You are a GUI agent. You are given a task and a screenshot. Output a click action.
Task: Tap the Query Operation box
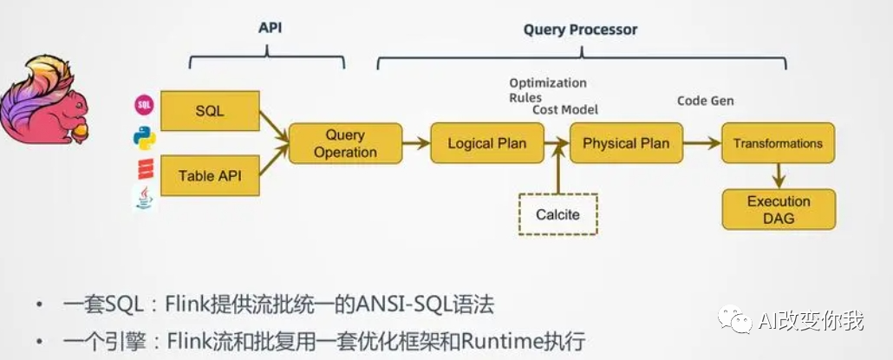click(345, 143)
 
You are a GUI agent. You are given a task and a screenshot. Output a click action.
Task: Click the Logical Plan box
click(486, 143)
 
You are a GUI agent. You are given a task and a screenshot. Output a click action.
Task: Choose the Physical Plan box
click(626, 143)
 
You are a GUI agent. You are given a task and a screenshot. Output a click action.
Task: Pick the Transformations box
click(778, 143)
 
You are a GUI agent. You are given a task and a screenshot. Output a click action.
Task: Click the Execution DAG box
click(779, 209)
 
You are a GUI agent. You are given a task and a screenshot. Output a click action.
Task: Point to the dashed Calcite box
click(557, 213)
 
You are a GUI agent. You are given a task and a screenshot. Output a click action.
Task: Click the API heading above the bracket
click(270, 28)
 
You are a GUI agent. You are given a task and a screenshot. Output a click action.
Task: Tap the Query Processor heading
click(580, 29)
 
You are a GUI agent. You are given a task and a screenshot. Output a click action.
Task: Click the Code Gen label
click(705, 101)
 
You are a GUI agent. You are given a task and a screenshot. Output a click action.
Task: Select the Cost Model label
click(565, 110)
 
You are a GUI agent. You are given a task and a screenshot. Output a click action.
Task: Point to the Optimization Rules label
click(547, 90)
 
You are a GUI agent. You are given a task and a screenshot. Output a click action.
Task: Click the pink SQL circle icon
click(144, 106)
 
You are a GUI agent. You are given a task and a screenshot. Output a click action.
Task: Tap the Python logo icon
click(144, 137)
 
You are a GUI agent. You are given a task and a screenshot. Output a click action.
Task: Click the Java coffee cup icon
click(144, 199)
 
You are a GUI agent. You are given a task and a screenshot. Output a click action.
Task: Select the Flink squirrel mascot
click(43, 100)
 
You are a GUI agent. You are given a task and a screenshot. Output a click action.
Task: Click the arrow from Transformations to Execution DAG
click(778, 176)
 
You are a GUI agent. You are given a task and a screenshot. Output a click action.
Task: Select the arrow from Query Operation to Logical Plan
click(416, 143)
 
